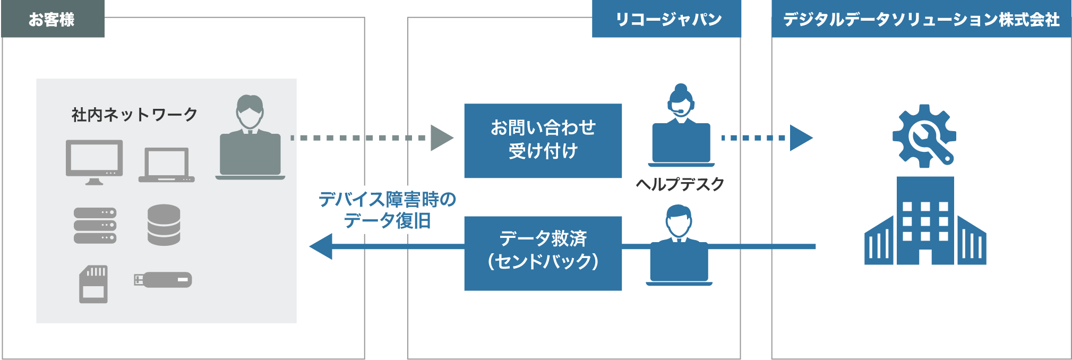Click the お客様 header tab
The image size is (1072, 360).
tap(52, 19)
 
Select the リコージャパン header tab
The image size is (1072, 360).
tap(667, 19)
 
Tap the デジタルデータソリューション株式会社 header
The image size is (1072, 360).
tap(921, 19)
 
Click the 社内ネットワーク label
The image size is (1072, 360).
tap(134, 114)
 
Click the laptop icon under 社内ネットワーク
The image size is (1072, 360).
tap(167, 165)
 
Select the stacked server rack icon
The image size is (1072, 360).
tap(95, 225)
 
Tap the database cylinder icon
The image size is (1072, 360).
tap(164, 225)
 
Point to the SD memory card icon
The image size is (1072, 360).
tap(93, 284)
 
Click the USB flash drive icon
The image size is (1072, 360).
tap(163, 279)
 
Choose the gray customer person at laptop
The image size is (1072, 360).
tap(250, 138)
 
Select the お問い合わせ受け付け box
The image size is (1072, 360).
tap(543, 141)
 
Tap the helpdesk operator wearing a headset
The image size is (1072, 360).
tap(681, 127)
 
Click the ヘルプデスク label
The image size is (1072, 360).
tap(680, 184)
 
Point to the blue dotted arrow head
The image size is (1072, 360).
tap(800, 138)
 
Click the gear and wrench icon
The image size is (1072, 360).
tap(924, 135)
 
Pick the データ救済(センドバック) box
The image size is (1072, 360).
tap(543, 253)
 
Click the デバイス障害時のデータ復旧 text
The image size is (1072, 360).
tap(388, 210)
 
